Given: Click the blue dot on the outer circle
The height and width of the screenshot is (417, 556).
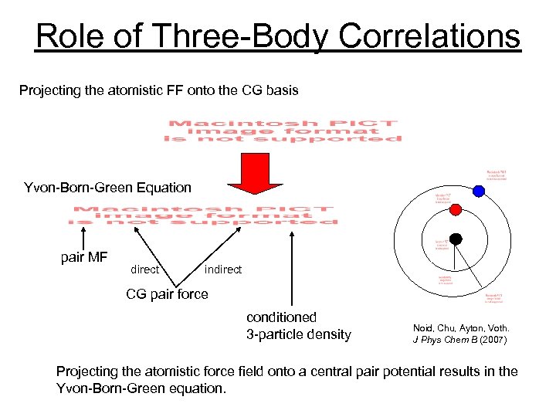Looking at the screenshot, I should [x=479, y=192].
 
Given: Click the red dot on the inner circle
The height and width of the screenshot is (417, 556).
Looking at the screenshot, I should [x=456, y=210].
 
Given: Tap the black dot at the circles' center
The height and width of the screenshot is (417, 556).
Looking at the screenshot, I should [x=456, y=239].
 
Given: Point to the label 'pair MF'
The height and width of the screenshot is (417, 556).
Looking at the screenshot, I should [x=83, y=257].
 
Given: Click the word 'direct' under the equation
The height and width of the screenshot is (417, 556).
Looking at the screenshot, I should [x=145, y=270].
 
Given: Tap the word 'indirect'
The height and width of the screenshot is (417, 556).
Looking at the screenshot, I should [x=223, y=270].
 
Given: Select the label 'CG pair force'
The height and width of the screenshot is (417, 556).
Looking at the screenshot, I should [x=167, y=294].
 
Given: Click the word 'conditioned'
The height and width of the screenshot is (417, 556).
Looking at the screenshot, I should [x=281, y=317].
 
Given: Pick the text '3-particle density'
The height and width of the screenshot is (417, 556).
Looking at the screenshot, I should [x=298, y=334].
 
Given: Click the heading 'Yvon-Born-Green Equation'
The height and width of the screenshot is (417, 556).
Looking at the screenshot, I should [x=107, y=188].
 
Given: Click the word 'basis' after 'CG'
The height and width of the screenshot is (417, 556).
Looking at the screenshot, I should [x=283, y=91].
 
